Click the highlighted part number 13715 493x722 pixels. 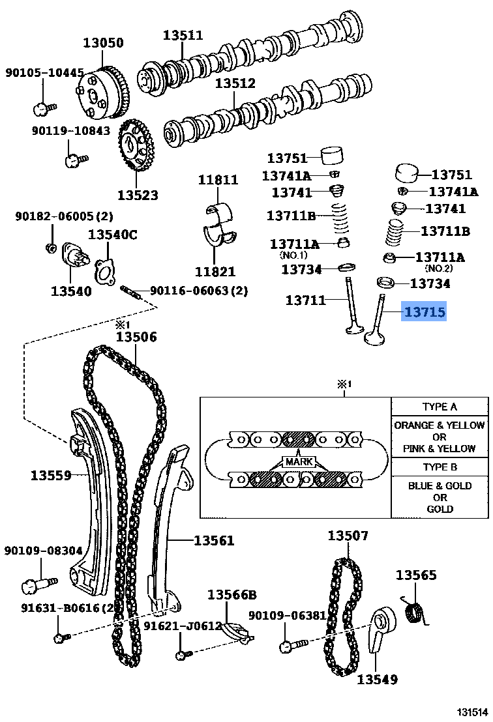425,313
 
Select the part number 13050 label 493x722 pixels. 102,43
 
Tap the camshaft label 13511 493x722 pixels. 183,35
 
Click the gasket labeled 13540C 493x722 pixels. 107,272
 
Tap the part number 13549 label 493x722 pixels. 377,680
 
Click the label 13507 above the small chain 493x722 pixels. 348,536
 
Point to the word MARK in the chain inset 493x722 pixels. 297,462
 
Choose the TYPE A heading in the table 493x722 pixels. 440,407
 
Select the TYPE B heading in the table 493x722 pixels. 440,467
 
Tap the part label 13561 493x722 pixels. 213,540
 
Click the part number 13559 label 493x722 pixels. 51,475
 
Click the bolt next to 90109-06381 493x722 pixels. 291,646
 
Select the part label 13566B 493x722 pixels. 232,594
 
